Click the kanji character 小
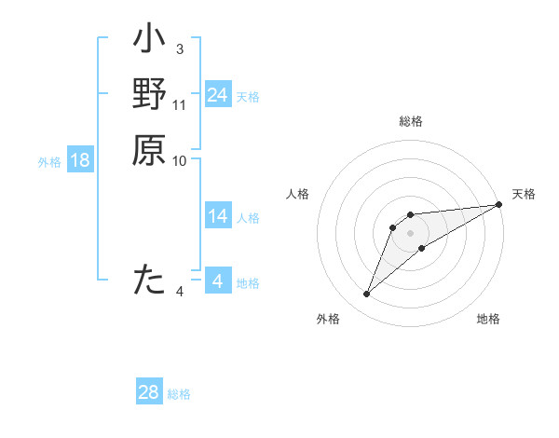click(149, 42)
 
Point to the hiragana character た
click(149, 280)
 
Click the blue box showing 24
click(217, 95)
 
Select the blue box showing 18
click(80, 160)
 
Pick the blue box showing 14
click(217, 216)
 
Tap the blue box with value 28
click(149, 392)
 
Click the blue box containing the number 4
click(217, 281)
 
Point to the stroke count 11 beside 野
click(180, 104)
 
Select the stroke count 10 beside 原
click(180, 160)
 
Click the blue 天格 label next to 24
click(248, 97)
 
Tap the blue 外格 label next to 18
click(49, 162)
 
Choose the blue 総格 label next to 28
click(179, 394)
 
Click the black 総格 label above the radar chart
click(410, 122)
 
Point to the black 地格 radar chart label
click(488, 320)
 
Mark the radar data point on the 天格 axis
click(499, 205)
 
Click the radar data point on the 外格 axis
click(366, 294)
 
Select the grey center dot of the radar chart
click(410, 233)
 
